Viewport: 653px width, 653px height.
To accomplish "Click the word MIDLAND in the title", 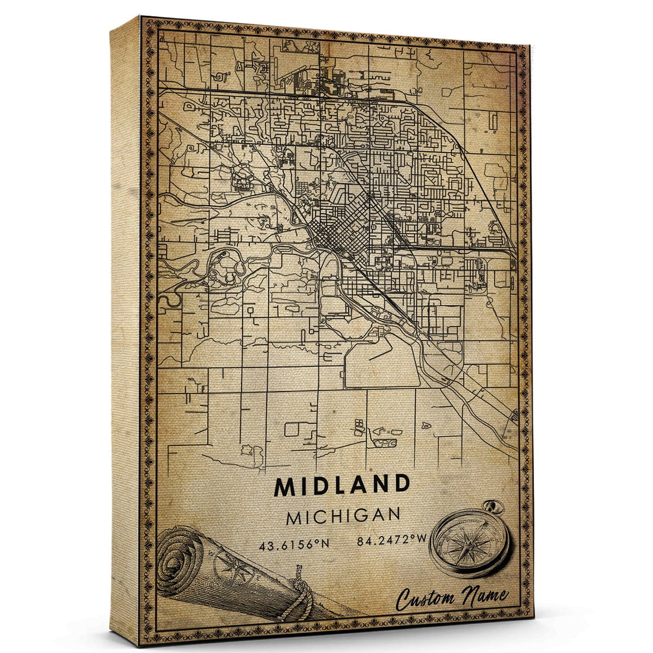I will click(x=342, y=485).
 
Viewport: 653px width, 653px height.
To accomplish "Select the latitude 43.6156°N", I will click(x=287, y=542).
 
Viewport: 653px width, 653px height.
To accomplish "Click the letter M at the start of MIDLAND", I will click(x=284, y=485).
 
